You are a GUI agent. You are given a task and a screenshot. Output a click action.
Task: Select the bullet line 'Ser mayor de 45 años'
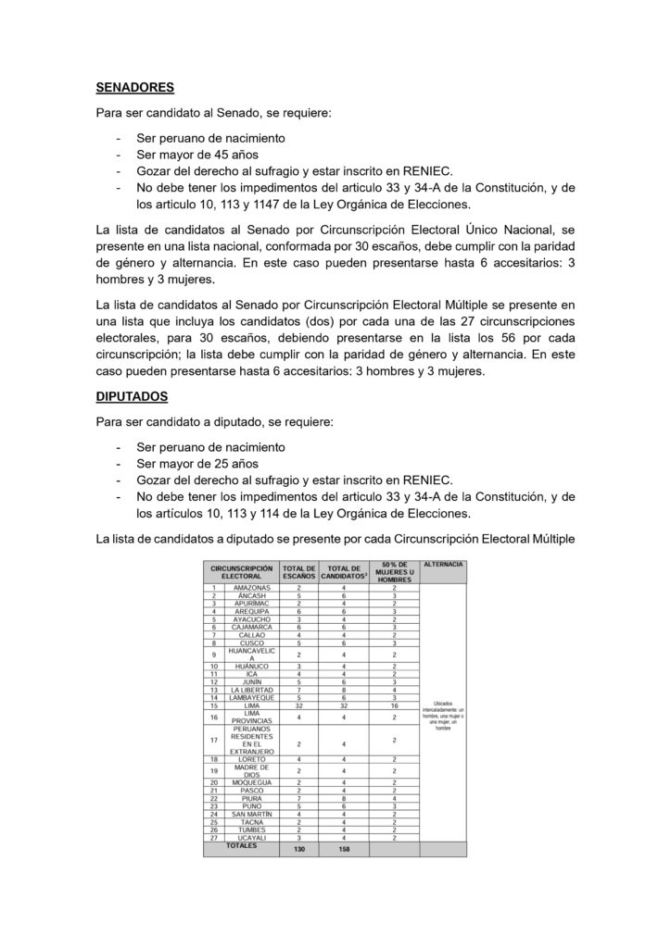[196, 155]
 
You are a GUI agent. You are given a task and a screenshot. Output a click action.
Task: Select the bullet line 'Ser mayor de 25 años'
[196, 462]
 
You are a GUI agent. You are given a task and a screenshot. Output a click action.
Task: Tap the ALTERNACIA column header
[442, 565]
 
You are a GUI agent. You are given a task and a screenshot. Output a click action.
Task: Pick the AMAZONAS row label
[251, 588]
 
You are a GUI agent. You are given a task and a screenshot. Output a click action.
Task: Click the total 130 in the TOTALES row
[298, 848]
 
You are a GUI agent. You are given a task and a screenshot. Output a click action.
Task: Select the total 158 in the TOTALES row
[344, 848]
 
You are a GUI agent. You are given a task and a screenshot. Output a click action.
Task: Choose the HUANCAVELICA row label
[251, 655]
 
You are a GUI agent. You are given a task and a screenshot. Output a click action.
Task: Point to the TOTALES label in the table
[241, 845]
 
